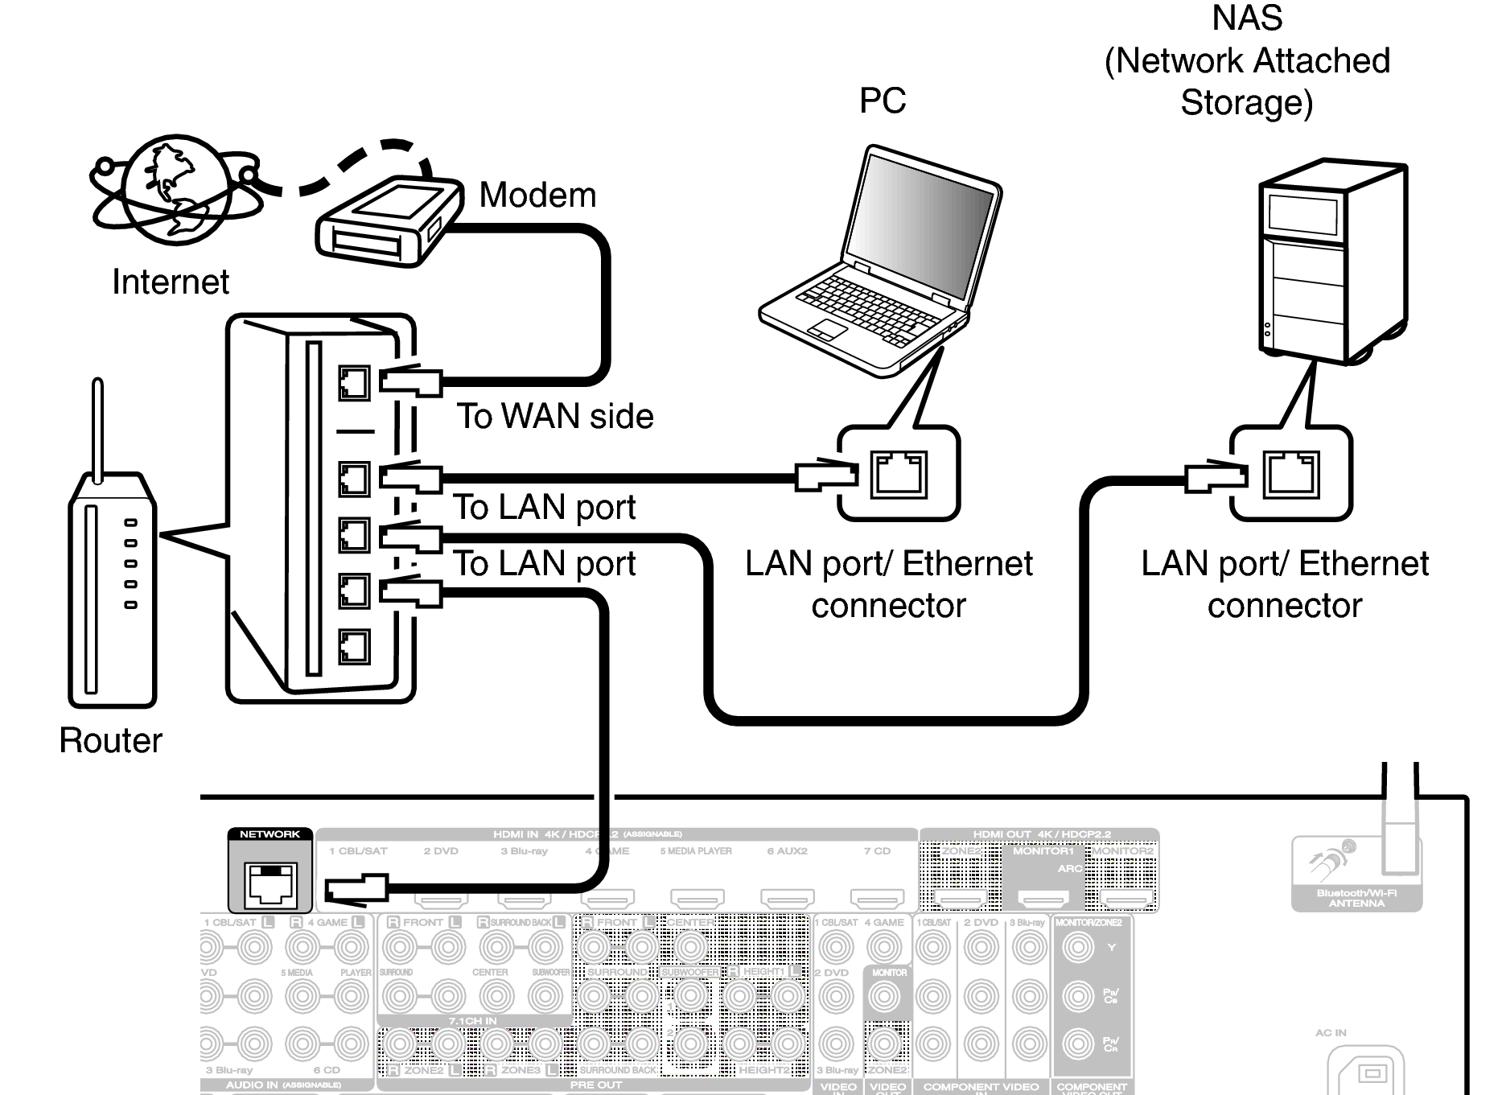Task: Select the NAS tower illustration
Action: [1331, 261]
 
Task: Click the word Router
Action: [110, 740]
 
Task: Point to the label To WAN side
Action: [555, 416]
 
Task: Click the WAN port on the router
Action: [354, 383]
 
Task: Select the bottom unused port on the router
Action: [354, 646]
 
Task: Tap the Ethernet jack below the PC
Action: [899, 475]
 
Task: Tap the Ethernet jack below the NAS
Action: [1290, 475]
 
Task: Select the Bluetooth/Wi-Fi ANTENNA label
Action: [1356, 898]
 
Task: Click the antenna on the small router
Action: [98, 430]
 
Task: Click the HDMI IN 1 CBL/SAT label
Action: [358, 850]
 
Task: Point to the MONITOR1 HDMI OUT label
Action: [1043, 850]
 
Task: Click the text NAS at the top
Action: [1247, 18]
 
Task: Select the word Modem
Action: [537, 196]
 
